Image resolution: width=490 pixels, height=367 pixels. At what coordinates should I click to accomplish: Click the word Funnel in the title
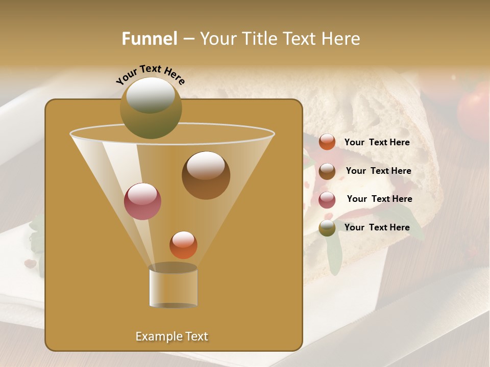149,39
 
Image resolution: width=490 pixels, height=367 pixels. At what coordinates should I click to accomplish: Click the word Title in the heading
259,39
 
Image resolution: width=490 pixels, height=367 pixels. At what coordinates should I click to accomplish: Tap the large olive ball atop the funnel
151,108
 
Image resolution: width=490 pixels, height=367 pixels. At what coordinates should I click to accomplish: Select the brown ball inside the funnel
206,175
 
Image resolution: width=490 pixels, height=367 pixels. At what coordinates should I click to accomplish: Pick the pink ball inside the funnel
142,201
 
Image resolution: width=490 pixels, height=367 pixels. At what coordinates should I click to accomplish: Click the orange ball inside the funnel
183,245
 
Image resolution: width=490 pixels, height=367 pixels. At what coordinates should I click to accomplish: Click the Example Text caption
172,336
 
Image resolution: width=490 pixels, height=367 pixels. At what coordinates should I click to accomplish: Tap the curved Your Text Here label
150,74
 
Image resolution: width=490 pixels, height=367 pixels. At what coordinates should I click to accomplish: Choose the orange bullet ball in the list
327,142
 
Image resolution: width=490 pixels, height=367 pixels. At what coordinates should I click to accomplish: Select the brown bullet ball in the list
327,171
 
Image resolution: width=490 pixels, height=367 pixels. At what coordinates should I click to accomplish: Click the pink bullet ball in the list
327,200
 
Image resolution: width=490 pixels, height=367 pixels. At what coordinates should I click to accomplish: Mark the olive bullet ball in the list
327,228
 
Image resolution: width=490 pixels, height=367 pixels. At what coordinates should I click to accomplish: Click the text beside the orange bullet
377,143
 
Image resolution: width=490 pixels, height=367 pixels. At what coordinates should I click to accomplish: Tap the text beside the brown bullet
378,171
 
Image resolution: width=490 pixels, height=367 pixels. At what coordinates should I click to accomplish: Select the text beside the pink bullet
379,199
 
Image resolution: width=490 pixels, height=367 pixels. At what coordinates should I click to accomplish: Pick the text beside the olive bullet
377,227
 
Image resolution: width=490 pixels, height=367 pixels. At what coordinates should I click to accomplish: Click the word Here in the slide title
341,39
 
